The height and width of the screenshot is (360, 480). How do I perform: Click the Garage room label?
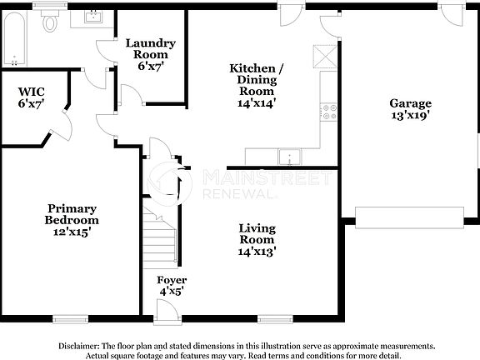point(410,103)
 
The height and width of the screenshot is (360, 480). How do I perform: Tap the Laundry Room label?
point(150,43)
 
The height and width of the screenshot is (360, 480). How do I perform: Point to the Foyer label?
point(172,280)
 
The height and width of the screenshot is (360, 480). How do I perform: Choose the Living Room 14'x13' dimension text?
point(257,250)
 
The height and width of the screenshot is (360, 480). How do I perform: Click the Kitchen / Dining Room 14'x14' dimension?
point(256,103)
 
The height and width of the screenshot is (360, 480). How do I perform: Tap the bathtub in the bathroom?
point(14,38)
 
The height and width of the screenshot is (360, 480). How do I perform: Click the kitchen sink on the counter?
point(290,156)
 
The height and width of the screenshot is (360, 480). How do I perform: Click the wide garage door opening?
point(408,217)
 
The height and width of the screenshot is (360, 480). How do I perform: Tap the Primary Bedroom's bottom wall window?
point(70,317)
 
